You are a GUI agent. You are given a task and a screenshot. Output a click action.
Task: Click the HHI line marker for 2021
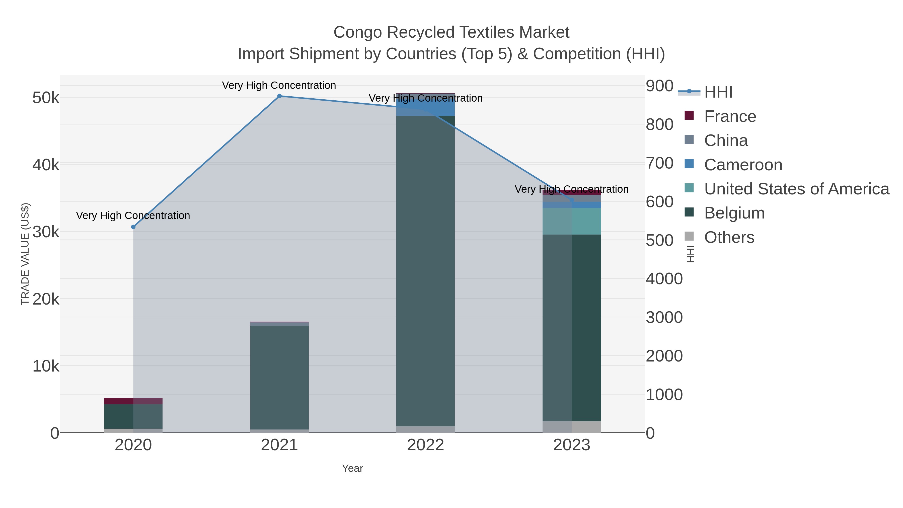pos(279,96)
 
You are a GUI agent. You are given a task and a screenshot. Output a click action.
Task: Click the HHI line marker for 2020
pos(133,227)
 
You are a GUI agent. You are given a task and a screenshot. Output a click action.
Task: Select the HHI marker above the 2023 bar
pos(572,200)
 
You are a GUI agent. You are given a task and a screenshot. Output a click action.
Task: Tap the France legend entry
pos(730,116)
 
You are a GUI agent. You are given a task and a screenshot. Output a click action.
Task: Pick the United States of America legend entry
pos(796,189)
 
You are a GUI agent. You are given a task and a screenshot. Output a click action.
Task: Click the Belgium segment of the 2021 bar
pos(279,377)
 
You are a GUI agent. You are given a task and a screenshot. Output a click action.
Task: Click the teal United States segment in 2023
pos(572,221)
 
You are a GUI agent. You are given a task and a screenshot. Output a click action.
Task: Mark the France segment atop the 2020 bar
pos(133,401)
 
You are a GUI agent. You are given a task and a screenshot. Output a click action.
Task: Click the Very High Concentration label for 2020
pos(133,215)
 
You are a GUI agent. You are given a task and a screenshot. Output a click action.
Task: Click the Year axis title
pos(352,468)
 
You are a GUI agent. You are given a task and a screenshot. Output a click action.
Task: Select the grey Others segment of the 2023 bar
pos(572,427)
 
